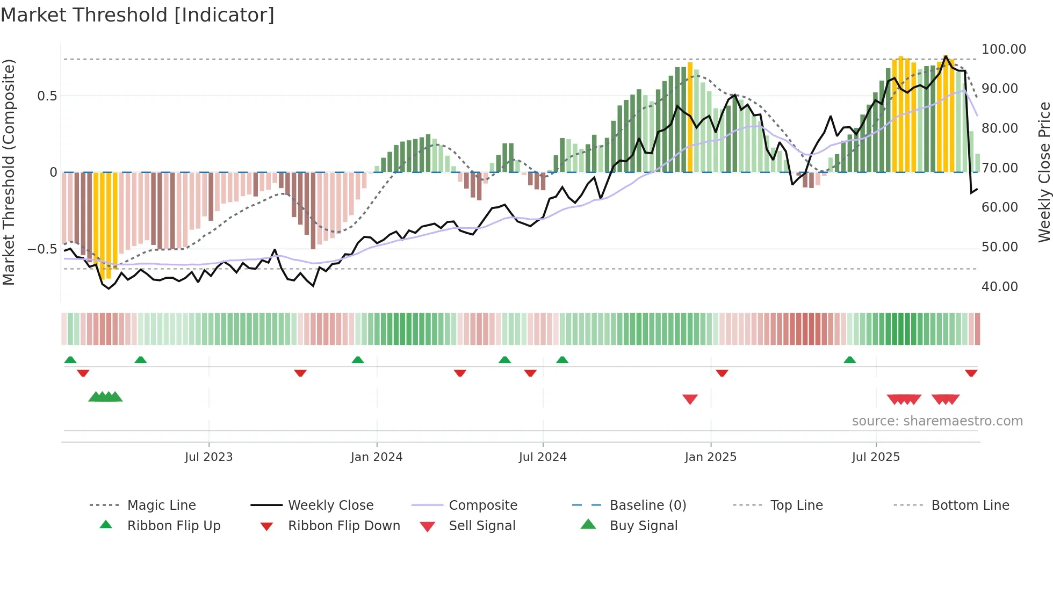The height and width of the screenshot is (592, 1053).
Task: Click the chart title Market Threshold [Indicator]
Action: [138, 15]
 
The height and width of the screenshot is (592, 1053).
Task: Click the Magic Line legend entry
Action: [161, 506]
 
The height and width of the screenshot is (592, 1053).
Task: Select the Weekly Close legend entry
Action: [330, 506]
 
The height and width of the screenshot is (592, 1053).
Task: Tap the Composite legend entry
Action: [482, 506]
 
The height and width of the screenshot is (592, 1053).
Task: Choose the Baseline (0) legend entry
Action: [647, 506]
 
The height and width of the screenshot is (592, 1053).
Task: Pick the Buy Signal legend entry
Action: [643, 526]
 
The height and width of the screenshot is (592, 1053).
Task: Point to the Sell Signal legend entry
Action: [482, 526]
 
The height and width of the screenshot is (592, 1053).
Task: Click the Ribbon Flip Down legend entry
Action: [344, 526]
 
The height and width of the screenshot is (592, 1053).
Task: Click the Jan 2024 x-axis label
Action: [376, 457]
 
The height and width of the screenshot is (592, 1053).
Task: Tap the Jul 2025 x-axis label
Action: [875, 457]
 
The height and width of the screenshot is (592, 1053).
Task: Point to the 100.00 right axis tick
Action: [1003, 49]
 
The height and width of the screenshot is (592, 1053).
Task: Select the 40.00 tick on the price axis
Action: [999, 287]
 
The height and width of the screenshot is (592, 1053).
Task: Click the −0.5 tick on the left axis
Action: [42, 249]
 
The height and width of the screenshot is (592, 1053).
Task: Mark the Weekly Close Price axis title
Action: [1044, 172]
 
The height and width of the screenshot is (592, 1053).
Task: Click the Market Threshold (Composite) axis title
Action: [9, 172]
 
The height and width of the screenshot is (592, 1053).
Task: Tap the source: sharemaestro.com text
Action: [937, 421]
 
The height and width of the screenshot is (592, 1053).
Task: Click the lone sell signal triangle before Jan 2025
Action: [690, 399]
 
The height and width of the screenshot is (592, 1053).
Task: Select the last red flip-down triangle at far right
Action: [971, 373]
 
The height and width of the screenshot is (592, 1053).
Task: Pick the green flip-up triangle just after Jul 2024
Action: [562, 360]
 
